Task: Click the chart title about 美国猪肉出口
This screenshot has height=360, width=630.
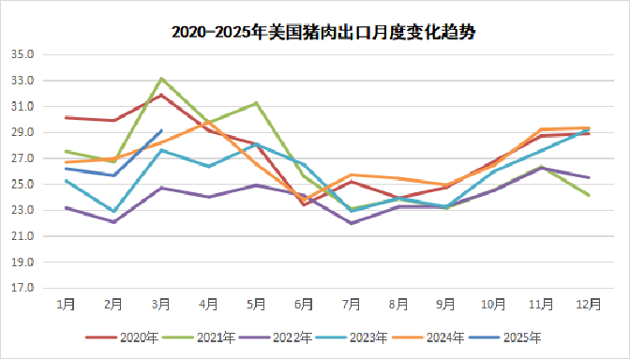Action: pyautogui.click(x=315, y=31)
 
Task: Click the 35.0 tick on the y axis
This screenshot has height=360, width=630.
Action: pyautogui.click(x=22, y=54)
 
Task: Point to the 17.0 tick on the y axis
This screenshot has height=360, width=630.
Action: pyautogui.click(x=22, y=288)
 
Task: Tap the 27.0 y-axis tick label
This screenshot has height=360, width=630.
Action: pyautogui.click(x=22, y=158)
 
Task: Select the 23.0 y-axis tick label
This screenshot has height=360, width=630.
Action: pyautogui.click(x=22, y=210)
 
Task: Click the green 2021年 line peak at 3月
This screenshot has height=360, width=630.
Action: pyautogui.click(x=161, y=79)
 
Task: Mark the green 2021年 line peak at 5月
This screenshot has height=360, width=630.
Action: pyautogui.click(x=256, y=103)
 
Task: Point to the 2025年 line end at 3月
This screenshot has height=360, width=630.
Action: pyautogui.click(x=161, y=130)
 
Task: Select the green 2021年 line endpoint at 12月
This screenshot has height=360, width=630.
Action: pyautogui.click(x=589, y=195)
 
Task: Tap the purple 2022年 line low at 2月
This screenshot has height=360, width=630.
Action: pyautogui.click(x=113, y=222)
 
